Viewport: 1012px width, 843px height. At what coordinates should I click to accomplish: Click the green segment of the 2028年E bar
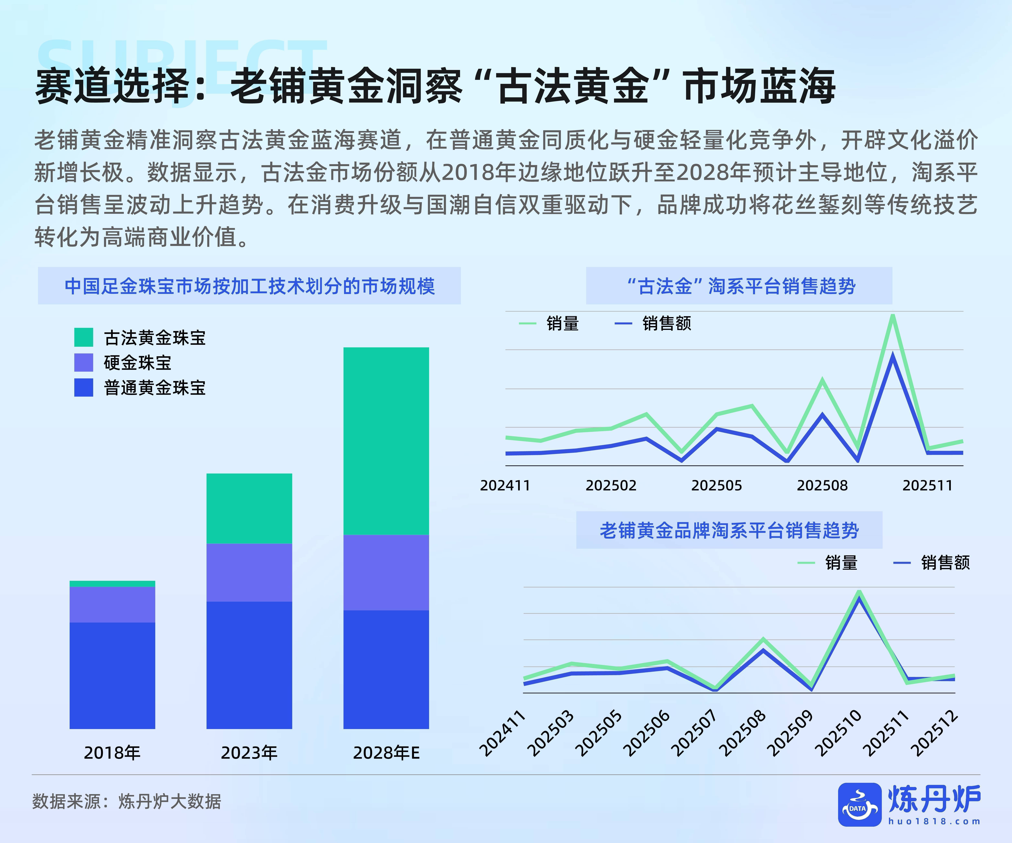coord(386,441)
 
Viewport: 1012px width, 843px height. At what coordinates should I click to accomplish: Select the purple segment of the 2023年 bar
coord(249,572)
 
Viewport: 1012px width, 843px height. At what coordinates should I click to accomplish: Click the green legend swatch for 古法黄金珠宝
coord(83,337)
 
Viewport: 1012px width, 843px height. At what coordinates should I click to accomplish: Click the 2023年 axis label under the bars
coord(249,753)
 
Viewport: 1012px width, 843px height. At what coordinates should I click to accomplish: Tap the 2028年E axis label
coord(386,753)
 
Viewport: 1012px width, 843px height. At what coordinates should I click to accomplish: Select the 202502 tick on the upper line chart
coord(611,485)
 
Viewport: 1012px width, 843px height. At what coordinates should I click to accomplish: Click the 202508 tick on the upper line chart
coord(822,485)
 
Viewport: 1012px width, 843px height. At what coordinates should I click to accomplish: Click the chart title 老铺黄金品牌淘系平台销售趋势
coord(729,530)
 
